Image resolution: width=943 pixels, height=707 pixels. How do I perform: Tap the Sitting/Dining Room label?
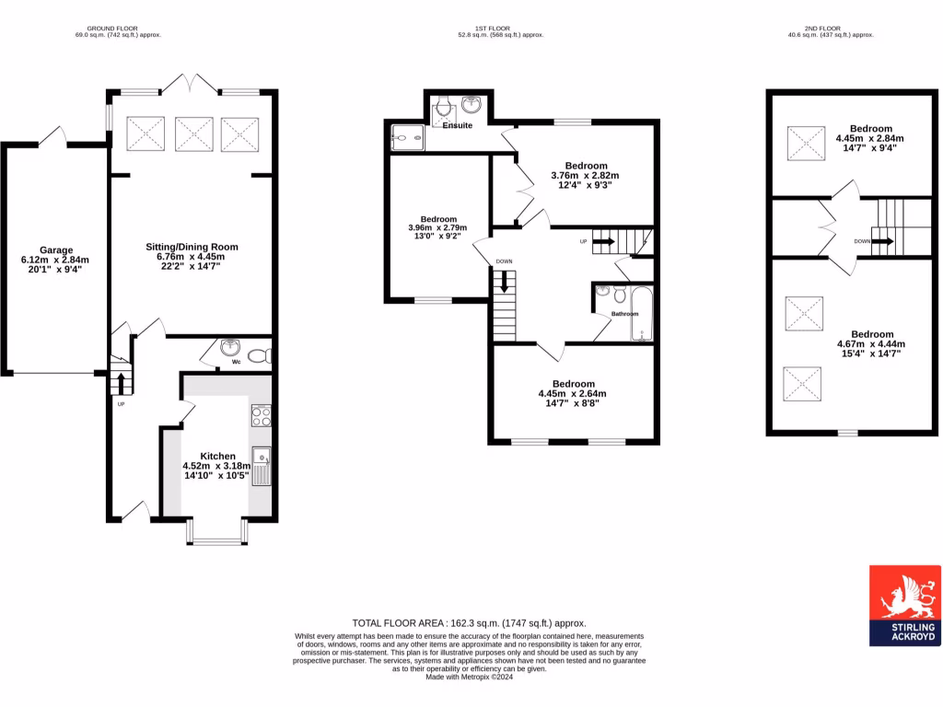point(192,247)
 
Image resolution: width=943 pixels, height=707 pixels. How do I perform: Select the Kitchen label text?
point(217,456)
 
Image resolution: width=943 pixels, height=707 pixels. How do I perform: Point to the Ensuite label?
point(457,125)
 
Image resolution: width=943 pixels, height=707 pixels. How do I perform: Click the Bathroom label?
point(624,314)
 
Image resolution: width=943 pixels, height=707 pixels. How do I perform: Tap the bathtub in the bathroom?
point(641,314)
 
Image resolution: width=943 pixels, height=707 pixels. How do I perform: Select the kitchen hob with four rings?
point(262,415)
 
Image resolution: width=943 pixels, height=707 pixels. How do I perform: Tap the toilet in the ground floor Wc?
point(258,354)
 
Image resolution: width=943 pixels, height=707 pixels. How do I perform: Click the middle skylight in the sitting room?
point(192,133)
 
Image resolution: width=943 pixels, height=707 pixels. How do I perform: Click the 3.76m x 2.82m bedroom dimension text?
point(585,175)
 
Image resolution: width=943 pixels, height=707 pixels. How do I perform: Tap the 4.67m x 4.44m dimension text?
point(871,343)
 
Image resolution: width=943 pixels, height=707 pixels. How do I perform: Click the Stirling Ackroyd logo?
point(904,604)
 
